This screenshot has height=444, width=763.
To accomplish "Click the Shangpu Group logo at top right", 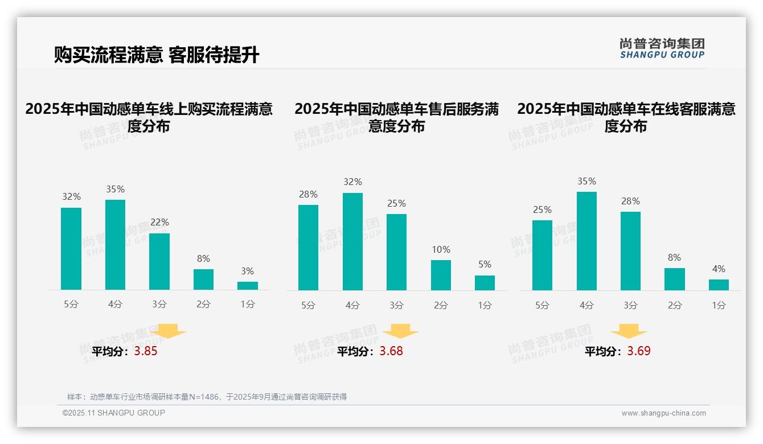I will tap(662, 48).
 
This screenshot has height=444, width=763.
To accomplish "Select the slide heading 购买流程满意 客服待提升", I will tap(157, 55).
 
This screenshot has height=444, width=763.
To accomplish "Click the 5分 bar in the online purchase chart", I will tap(71, 249).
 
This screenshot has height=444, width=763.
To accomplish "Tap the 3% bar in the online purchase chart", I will tap(248, 285).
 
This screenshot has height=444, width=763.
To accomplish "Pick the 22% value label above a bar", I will tap(159, 222).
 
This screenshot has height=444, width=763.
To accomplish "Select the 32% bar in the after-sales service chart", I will tap(352, 241).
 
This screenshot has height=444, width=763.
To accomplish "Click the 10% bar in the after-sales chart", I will tap(441, 275).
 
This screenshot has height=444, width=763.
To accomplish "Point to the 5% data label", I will tap(485, 264).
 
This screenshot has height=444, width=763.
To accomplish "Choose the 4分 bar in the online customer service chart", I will tap(586, 241).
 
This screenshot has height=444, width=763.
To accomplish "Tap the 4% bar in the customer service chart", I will tap(719, 285).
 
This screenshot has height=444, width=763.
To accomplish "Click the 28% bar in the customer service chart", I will tap(630, 250).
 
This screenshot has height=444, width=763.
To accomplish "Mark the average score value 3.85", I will tap(146, 351).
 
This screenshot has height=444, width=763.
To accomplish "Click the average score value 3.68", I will tap(391, 351).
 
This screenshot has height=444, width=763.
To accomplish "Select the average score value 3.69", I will tap(639, 351).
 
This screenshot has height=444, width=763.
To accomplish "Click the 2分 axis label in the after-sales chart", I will tap(441, 305).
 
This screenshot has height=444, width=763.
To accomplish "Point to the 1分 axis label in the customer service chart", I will tap(719, 305).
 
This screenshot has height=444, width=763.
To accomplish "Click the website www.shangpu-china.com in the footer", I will tap(663, 413).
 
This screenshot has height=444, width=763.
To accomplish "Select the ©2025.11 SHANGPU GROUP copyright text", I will tap(114, 413).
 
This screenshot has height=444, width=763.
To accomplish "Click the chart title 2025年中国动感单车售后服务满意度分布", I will tap(396, 117).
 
